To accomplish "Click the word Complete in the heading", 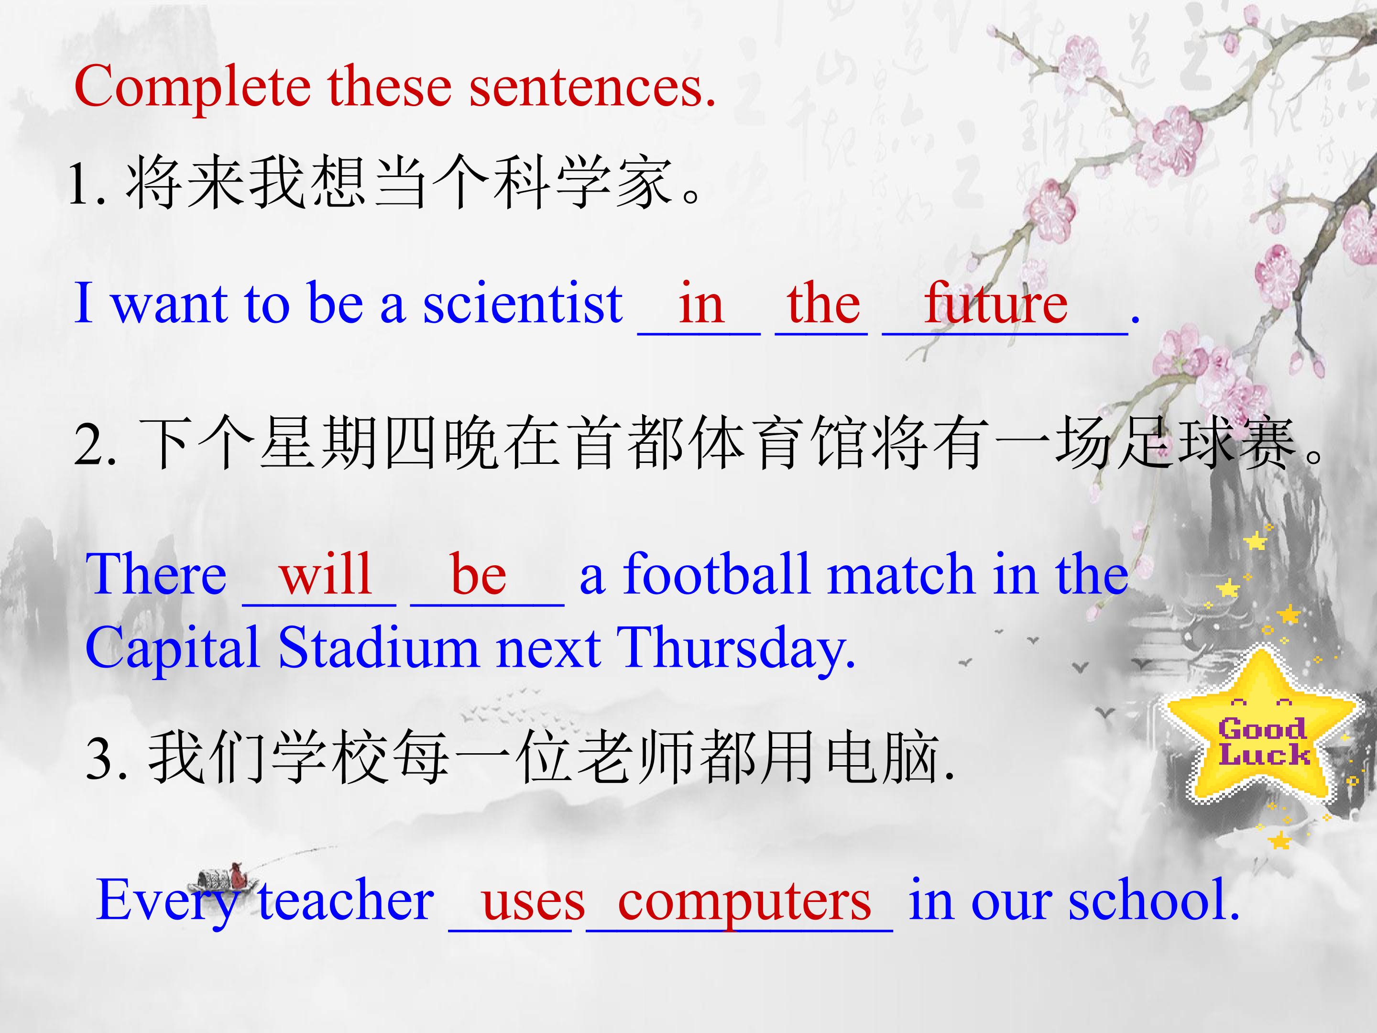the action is (x=192, y=88).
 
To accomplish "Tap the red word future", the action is (x=996, y=303).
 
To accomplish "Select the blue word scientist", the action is (x=523, y=303).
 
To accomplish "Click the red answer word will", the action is (x=326, y=573).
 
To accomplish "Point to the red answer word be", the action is (x=478, y=573).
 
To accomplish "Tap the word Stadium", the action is (x=378, y=647).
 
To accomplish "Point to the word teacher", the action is (x=346, y=901).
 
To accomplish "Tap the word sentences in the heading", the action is (x=592, y=88).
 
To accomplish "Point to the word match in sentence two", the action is (x=901, y=573).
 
